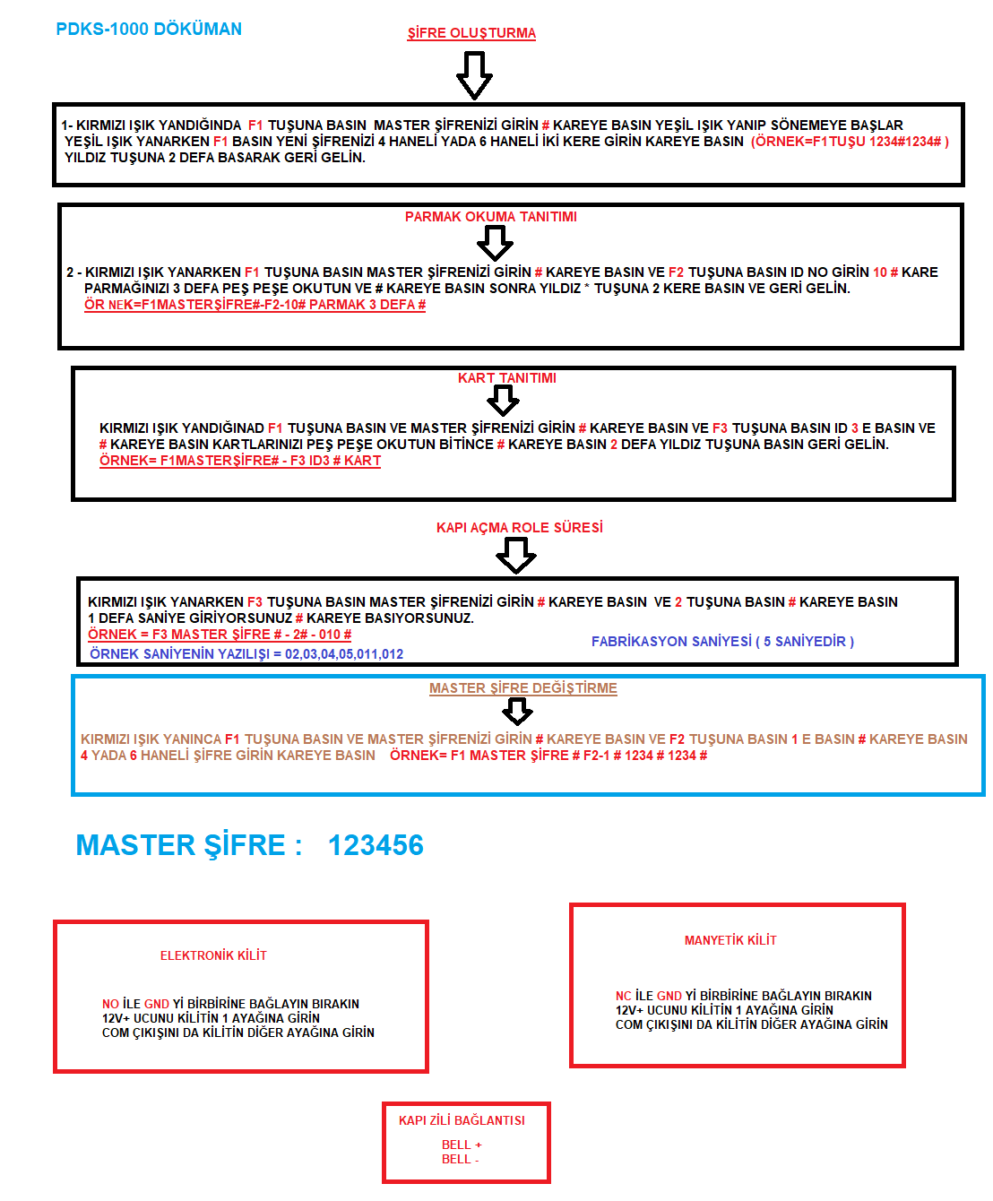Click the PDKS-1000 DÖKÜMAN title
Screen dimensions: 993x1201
[x=149, y=29]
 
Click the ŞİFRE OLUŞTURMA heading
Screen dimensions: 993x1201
[x=471, y=33]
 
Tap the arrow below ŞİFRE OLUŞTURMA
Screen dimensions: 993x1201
[x=474, y=75]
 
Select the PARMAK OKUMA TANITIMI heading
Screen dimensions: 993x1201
[x=491, y=217]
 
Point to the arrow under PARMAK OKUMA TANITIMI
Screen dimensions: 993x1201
[x=495, y=243]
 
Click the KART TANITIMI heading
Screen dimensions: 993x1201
[x=507, y=378]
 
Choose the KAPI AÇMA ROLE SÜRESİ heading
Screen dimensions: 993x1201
[x=520, y=527]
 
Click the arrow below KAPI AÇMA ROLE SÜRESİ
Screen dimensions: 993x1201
[x=516, y=556]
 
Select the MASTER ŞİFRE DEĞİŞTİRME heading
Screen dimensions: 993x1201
[x=523, y=688]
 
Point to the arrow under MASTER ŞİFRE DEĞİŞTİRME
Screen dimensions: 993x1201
[x=517, y=712]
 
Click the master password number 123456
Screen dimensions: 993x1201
[x=376, y=845]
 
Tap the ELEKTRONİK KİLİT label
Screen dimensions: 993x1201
[x=213, y=955]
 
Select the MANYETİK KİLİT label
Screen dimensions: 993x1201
[x=730, y=940]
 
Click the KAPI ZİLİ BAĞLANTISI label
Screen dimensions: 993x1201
[x=462, y=1120]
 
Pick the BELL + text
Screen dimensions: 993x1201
[x=462, y=1145]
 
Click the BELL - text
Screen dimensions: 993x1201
[x=460, y=1159]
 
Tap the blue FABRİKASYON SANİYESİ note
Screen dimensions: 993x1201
[x=722, y=642]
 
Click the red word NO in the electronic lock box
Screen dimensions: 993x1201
[x=110, y=1004]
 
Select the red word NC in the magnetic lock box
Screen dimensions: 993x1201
[x=623, y=996]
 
